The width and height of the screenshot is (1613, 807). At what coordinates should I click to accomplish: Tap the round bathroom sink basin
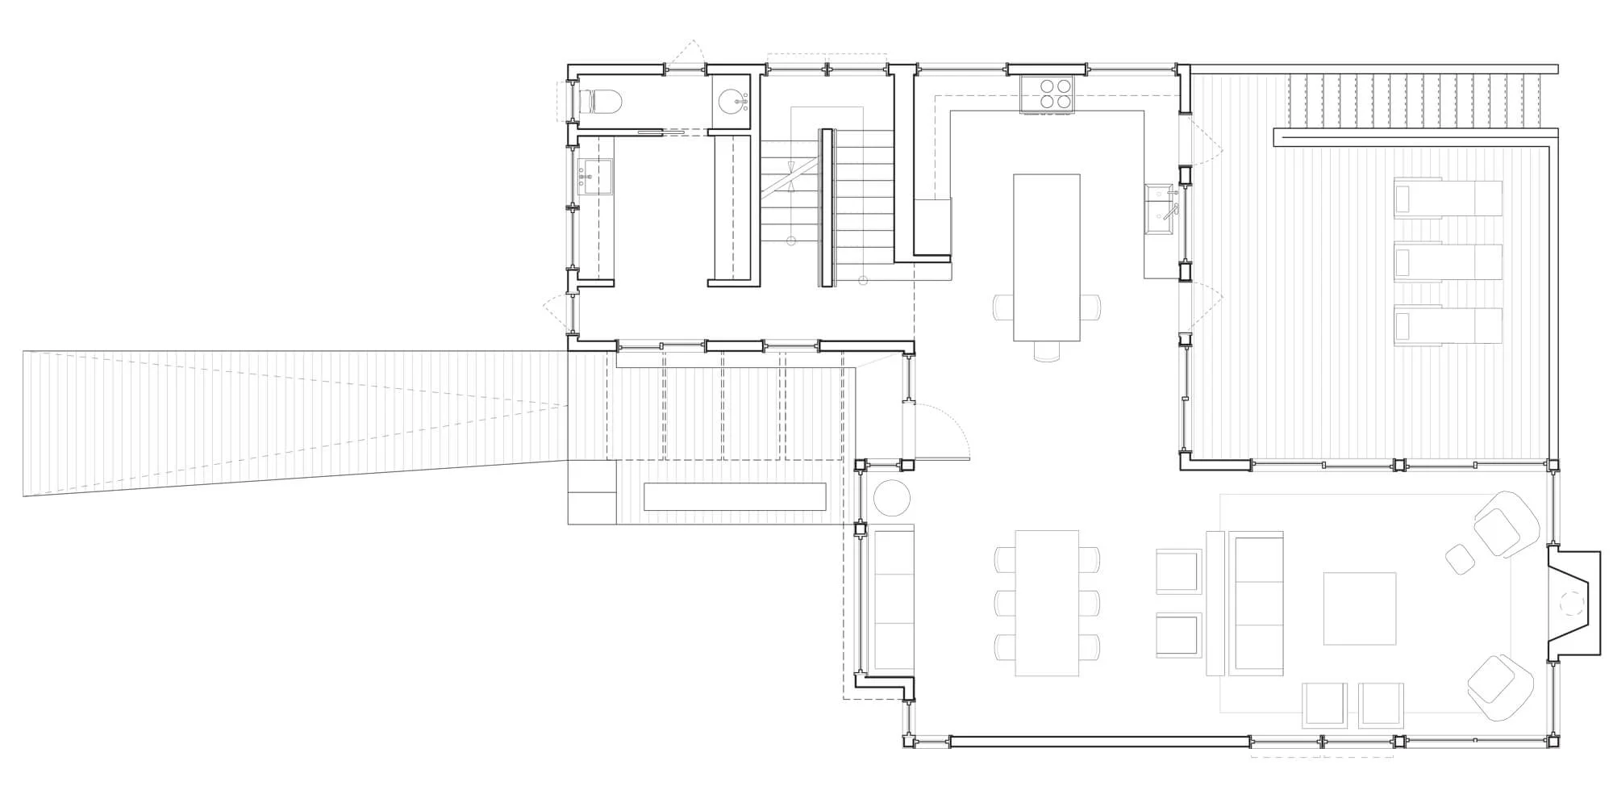tap(732, 102)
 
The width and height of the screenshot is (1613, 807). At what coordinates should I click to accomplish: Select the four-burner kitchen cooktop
tap(1047, 92)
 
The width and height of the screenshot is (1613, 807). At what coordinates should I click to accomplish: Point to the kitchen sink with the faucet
tap(1161, 207)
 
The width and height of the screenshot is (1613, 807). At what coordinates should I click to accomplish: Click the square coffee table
tap(1360, 608)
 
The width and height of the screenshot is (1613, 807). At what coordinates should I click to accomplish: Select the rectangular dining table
tap(1047, 602)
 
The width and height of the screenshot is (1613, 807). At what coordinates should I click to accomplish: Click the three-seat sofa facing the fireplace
tap(1256, 602)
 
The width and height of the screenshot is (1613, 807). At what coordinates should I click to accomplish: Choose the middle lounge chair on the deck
tap(1448, 261)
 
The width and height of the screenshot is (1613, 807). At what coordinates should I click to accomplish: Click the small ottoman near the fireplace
tap(1460, 558)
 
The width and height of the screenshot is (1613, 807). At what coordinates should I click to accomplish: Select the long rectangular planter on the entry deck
tap(735, 496)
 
